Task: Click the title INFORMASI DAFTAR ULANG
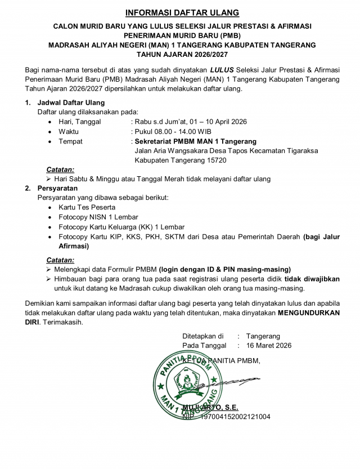click(x=182, y=12)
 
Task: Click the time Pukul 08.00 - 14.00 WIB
click(x=172, y=131)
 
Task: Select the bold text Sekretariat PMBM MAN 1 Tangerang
click(x=196, y=141)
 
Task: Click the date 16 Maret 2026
click(x=269, y=345)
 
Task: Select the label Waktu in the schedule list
click(x=69, y=131)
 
